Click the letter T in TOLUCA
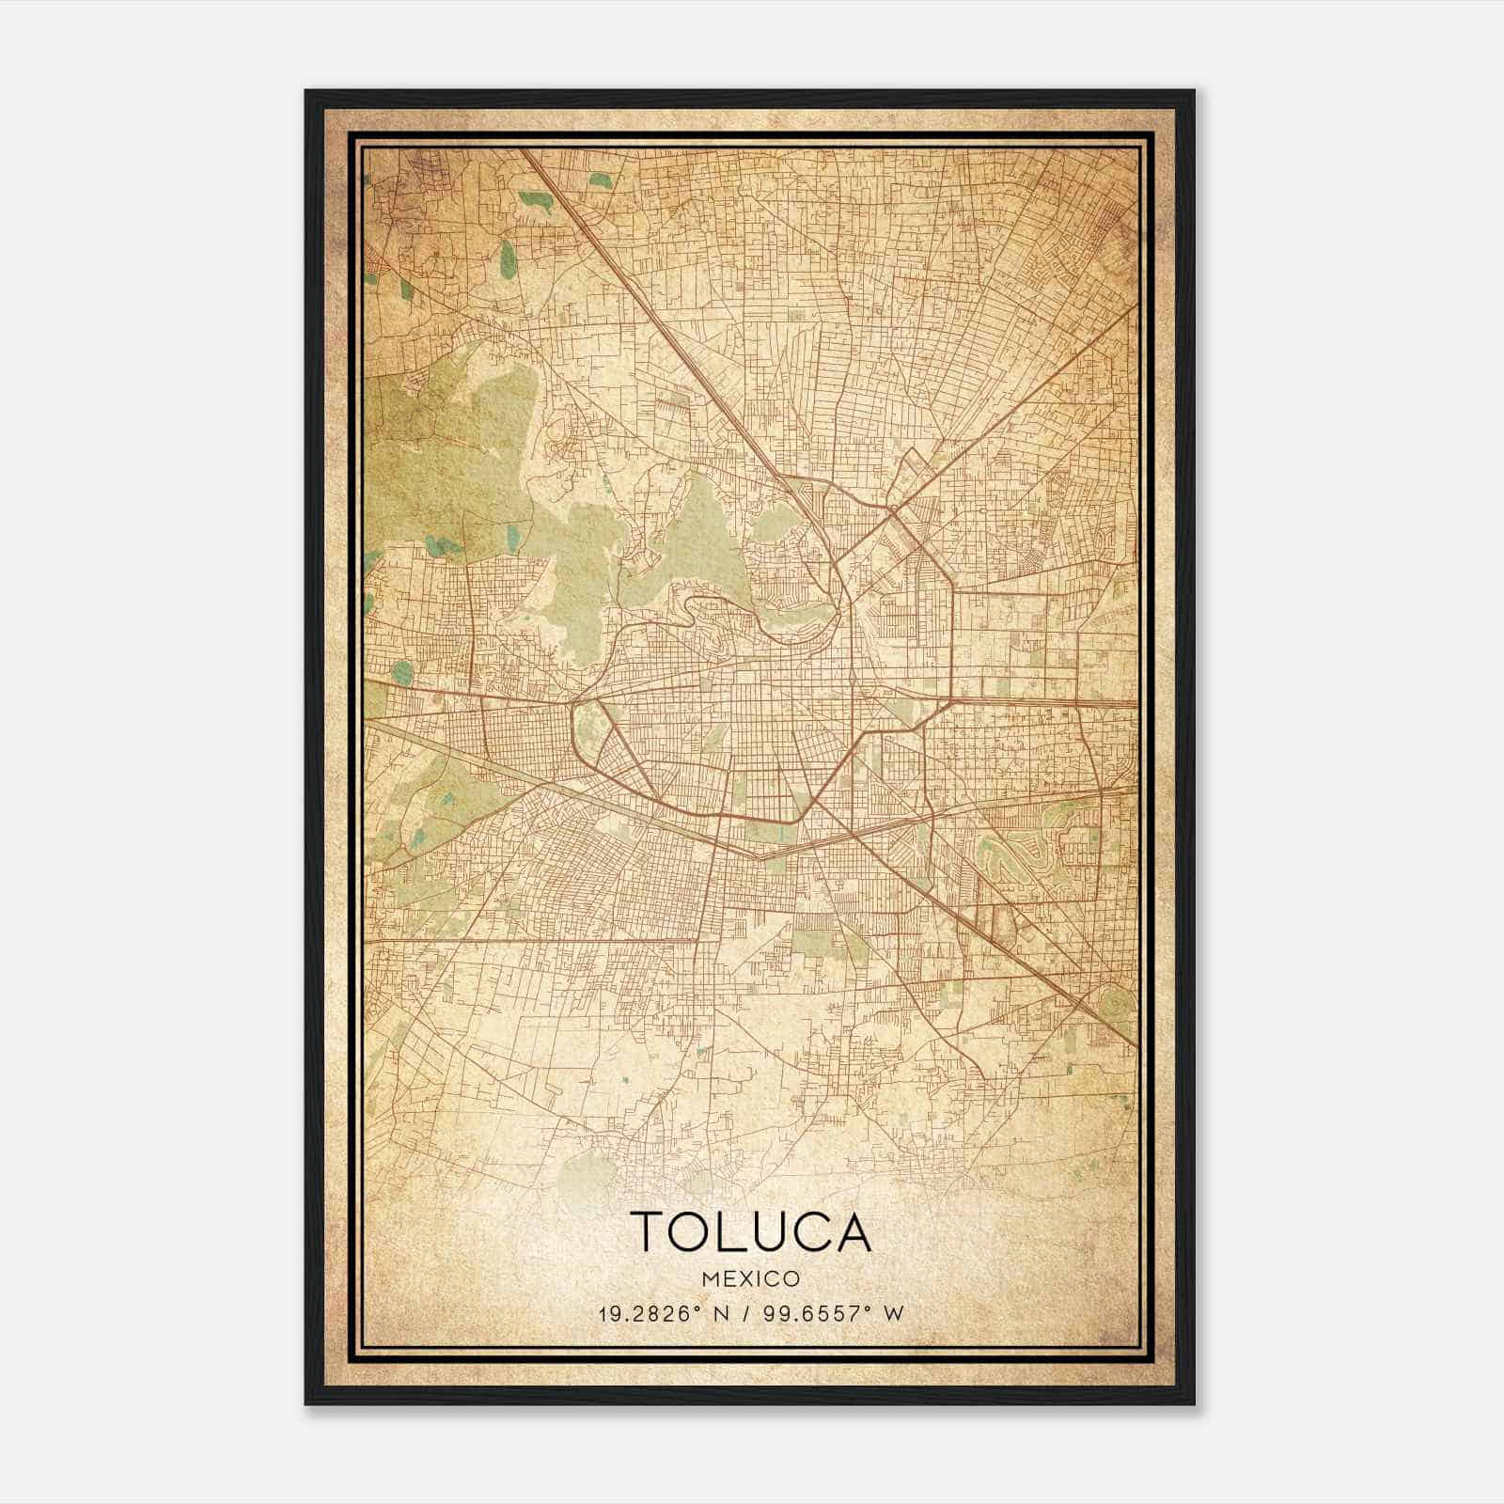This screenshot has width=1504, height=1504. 650,1231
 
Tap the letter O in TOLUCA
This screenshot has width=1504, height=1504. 697,1231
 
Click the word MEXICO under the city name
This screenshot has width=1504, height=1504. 750,1278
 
